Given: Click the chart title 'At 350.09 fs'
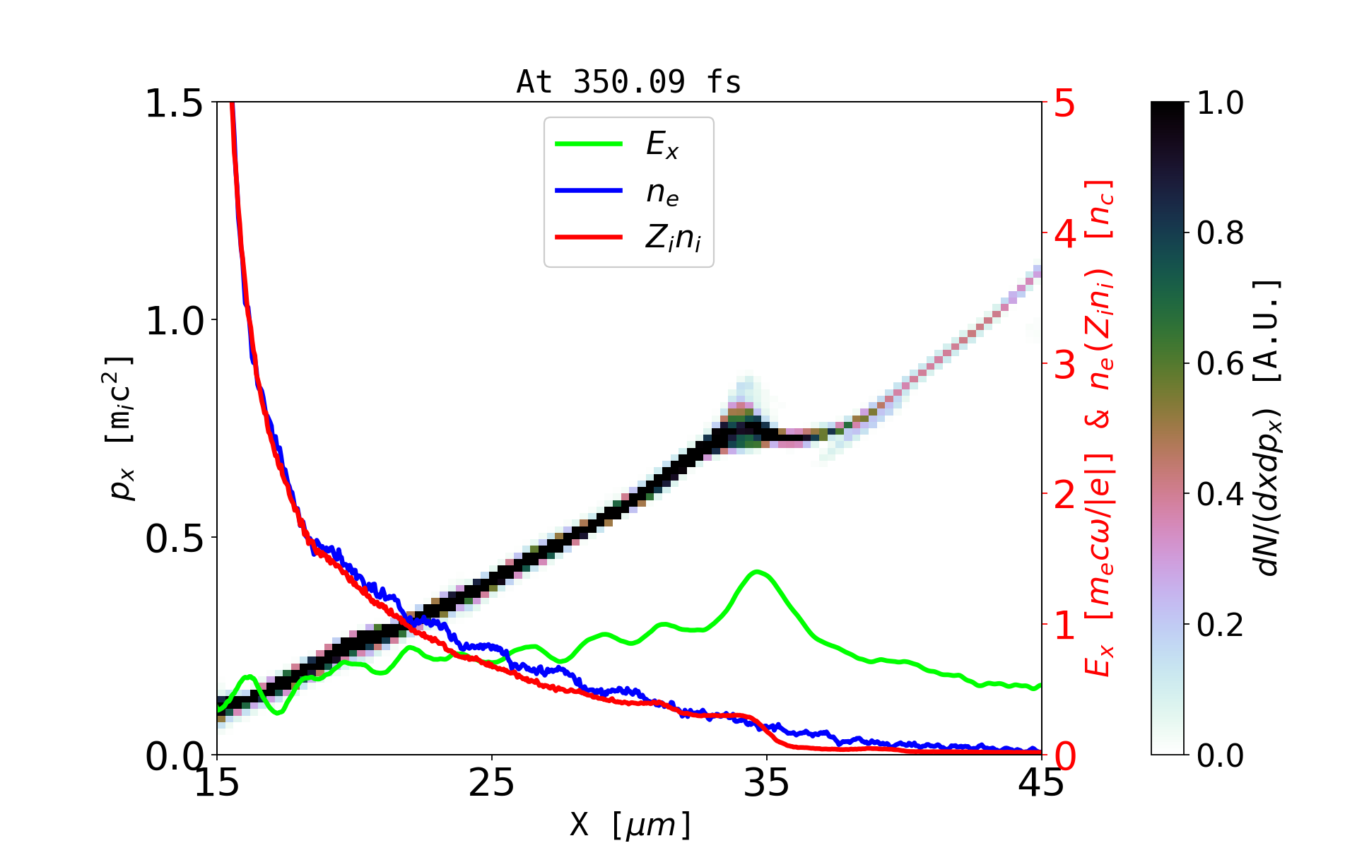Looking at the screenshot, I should coord(628,82).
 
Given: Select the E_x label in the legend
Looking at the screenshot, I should coord(662,145).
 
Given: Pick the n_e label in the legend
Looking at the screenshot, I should coord(662,192).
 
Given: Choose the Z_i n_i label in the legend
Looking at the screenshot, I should coord(672,239).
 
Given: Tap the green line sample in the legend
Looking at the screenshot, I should coord(588,144).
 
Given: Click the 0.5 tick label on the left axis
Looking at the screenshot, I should coord(174,538).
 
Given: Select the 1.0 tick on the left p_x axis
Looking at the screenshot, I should coord(174,321).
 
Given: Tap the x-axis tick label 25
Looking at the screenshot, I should coord(491,783).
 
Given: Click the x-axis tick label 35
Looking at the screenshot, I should coord(766,783).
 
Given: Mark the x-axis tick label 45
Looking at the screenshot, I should coord(1041,783).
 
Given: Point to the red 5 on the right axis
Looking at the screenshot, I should coord(1064,105).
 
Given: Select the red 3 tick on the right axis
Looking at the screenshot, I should coord(1064,365).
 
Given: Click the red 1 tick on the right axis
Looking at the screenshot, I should coord(1064,625).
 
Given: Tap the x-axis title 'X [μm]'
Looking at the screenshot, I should coord(630,824).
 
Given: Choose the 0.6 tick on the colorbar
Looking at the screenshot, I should coord(1220,364).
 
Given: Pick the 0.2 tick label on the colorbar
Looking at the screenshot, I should coord(1220,625).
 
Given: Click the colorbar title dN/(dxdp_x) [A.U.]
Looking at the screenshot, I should coord(1269,428).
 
